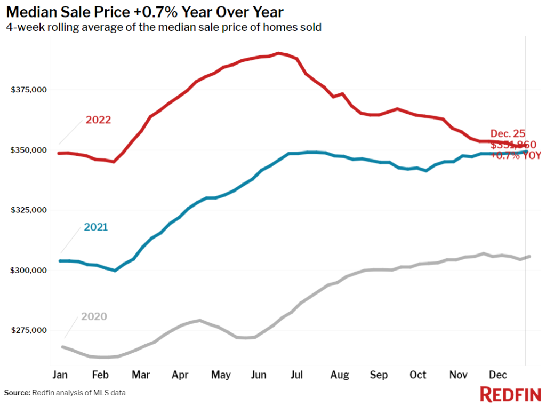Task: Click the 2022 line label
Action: click(x=98, y=120)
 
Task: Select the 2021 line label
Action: click(x=96, y=227)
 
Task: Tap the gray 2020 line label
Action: click(x=94, y=317)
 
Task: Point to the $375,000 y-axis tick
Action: click(x=29, y=90)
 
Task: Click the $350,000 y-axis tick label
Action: click(x=29, y=150)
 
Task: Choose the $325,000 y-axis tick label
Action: click(x=29, y=210)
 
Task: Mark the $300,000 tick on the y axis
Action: click(x=29, y=271)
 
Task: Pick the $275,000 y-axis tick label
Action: click(x=29, y=331)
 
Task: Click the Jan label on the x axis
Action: click(x=60, y=375)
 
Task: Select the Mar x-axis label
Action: click(x=141, y=375)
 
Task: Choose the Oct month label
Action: click(x=418, y=375)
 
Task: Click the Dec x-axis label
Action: click(x=497, y=375)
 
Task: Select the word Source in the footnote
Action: click(x=18, y=393)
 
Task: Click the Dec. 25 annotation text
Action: click(x=508, y=134)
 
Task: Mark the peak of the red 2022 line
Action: click(x=278, y=53)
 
